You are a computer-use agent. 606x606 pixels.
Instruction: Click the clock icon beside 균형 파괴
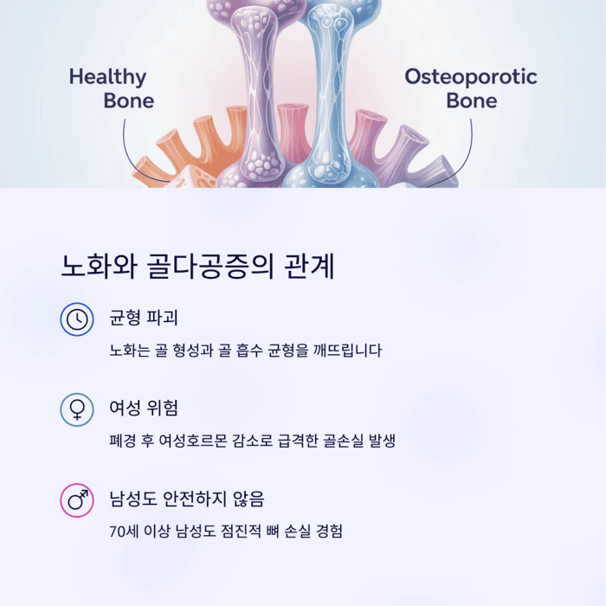[x=77, y=319]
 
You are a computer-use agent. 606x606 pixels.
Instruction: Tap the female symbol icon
[x=77, y=409]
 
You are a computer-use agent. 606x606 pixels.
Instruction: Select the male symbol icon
[x=77, y=500]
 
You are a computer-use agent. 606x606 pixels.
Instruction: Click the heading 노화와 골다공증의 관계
[x=198, y=266]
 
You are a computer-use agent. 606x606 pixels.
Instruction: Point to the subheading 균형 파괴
[x=144, y=317]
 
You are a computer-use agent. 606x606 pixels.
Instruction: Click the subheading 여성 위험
[x=144, y=408]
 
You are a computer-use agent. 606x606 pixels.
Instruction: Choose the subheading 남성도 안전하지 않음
[x=186, y=499]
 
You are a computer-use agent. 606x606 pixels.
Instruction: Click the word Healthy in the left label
[x=107, y=77]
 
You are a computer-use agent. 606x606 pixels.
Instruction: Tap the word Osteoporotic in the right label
[x=471, y=77]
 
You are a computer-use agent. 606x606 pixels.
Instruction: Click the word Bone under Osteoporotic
[x=472, y=100]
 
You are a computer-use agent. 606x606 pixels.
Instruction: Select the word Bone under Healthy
[x=128, y=100]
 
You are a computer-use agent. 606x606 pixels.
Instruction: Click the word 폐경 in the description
[x=123, y=441]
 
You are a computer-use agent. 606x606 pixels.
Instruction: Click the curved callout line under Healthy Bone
[x=131, y=151]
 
